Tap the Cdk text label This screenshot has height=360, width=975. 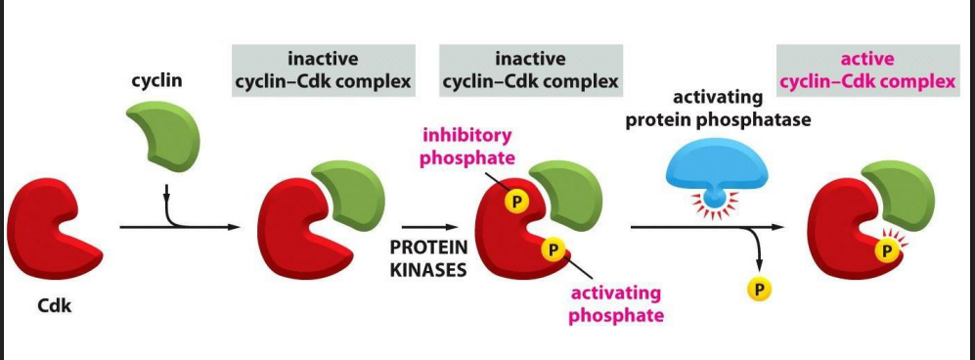(x=55, y=305)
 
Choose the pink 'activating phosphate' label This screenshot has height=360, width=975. (x=615, y=303)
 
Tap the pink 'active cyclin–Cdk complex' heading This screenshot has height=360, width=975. (x=867, y=70)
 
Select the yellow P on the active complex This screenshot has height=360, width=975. (x=887, y=250)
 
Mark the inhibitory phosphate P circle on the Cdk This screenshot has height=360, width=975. (x=514, y=201)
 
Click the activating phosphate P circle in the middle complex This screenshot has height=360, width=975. (x=553, y=249)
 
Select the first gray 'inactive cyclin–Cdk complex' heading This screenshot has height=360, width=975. (x=324, y=70)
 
